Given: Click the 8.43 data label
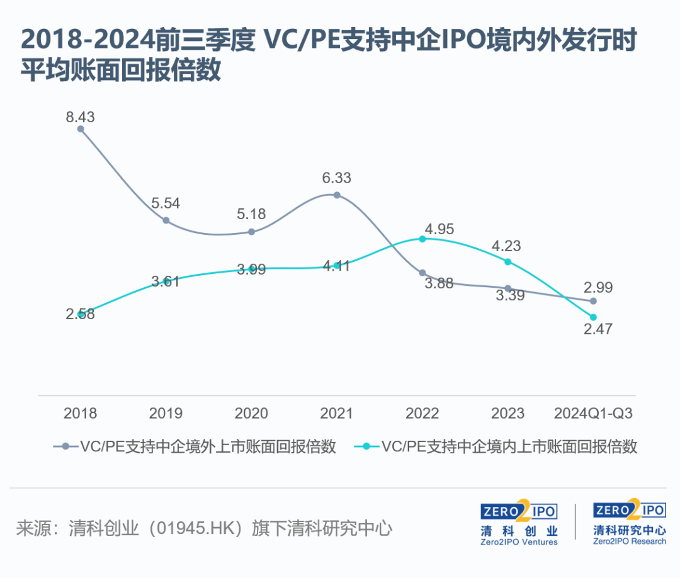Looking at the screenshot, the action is pyautogui.click(x=80, y=116).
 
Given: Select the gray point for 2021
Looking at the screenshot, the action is pyautogui.click(x=337, y=195).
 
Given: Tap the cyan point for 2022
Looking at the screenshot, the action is pyautogui.click(x=422, y=239).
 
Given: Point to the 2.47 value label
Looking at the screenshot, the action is pyautogui.click(x=598, y=329).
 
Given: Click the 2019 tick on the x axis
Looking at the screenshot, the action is pyautogui.click(x=166, y=413).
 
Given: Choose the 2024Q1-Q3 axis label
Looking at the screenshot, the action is pyautogui.click(x=593, y=413).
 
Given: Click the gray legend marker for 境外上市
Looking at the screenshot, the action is pyautogui.click(x=66, y=446).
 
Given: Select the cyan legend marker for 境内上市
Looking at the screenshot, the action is pyautogui.click(x=367, y=446).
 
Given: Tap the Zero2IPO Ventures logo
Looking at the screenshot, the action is pyautogui.click(x=519, y=523).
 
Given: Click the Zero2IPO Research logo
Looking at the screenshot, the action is pyautogui.click(x=629, y=522).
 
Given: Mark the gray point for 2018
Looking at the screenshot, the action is pyautogui.click(x=80, y=129).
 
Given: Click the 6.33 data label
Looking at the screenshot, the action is pyautogui.click(x=336, y=178).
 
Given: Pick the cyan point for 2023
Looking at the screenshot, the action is pyautogui.click(x=508, y=262).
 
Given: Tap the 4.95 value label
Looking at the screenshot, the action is pyautogui.click(x=439, y=229).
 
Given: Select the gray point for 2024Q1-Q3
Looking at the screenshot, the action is pyautogui.click(x=593, y=301).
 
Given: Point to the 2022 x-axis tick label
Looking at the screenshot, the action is pyautogui.click(x=422, y=413).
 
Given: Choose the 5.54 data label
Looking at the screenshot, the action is pyautogui.click(x=165, y=203).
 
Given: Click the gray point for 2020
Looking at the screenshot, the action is pyautogui.click(x=251, y=232).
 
